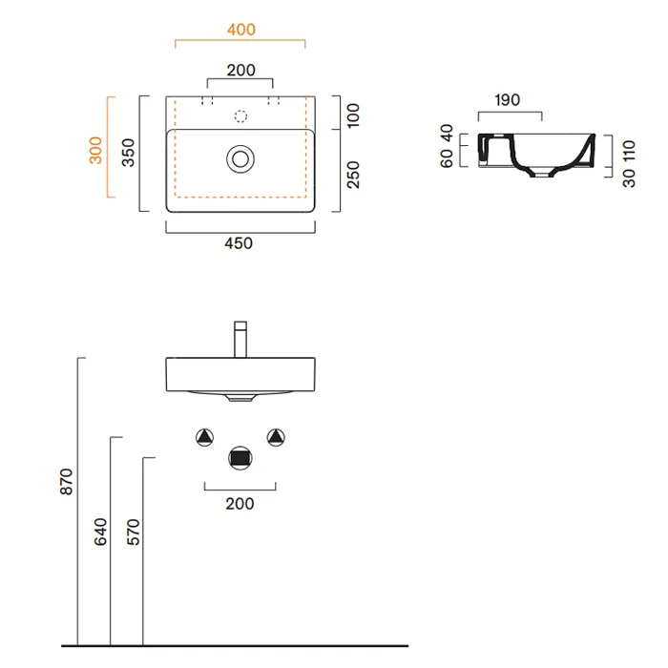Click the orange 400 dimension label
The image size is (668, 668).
coord(241,30)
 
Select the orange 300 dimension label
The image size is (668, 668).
coord(95,151)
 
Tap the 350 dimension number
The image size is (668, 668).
coord(128,152)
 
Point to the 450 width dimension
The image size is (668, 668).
coord(239,243)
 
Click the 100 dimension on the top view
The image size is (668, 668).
coord(353,115)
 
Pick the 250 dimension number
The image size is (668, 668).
coord(353,175)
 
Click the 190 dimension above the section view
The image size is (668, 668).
coord(507,99)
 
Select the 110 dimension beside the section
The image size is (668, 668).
coord(629,151)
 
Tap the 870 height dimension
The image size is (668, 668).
coord(66,482)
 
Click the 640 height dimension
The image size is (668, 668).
coord(100,532)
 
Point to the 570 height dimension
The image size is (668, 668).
coord(133,532)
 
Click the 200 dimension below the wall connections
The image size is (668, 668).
coord(240,504)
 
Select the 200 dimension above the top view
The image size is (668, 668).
coord(240,70)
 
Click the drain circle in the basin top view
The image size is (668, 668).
coord(240,159)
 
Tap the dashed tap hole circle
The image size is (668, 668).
coord(240,115)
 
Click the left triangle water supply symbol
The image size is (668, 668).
coord(204,437)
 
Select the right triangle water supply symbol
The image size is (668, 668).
coord(276,437)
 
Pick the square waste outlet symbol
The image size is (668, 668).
coord(240,458)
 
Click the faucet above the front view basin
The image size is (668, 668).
coord(240,340)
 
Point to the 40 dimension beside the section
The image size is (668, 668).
coord(447,133)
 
